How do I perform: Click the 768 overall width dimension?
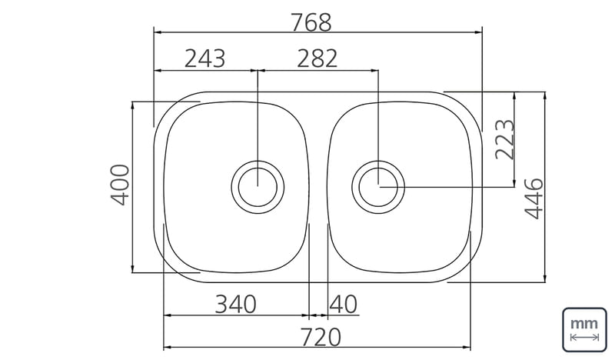(311, 22)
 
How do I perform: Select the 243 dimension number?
(204, 59)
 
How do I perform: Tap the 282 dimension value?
(317, 59)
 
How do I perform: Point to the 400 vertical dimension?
(120, 185)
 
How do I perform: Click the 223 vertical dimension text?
(504, 139)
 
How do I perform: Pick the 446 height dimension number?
(534, 198)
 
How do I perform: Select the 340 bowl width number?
(236, 305)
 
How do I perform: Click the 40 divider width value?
(344, 305)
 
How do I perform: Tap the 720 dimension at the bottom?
(321, 338)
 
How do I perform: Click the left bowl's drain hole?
(258, 187)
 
